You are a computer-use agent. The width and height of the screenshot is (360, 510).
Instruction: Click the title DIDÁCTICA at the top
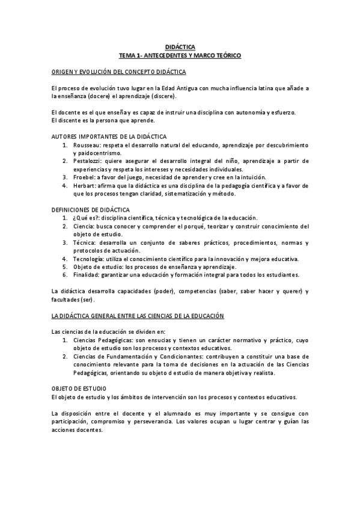click(x=180, y=46)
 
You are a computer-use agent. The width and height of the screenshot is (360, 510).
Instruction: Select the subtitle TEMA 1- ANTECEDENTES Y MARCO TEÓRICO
click(x=180, y=55)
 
